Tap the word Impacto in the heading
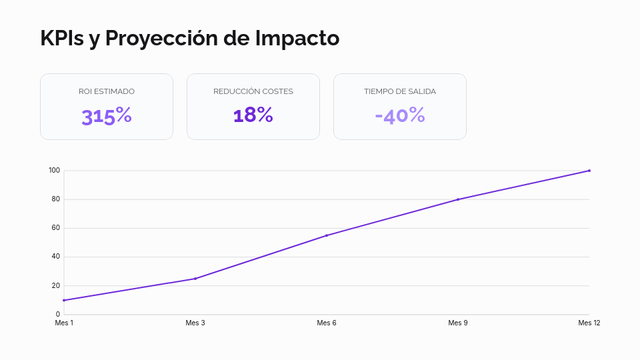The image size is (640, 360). tap(297, 38)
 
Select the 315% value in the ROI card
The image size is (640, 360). tap(107, 116)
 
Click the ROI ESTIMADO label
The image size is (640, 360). tap(107, 91)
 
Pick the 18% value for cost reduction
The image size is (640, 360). tap(253, 115)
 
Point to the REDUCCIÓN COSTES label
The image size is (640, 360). tap(253, 91)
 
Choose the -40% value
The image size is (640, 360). tap(400, 115)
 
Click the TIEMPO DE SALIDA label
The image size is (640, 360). tap(400, 91)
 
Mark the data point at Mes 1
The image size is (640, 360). tap(64, 300)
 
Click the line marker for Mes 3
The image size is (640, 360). tap(195, 279)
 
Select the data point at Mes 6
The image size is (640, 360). tap(327, 235)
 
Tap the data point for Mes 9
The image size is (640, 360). tap(458, 199)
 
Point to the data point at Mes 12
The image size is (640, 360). tap(589, 171)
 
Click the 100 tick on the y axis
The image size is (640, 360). tap(54, 171)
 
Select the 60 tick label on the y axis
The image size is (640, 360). tap(55, 228)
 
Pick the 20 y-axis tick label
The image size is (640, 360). tap(55, 285)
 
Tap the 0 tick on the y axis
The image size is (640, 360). tap(57, 314)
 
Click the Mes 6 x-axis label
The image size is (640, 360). tap(327, 323)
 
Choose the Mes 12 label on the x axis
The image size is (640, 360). tap(589, 323)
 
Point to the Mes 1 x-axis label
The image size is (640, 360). tap(64, 323)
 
